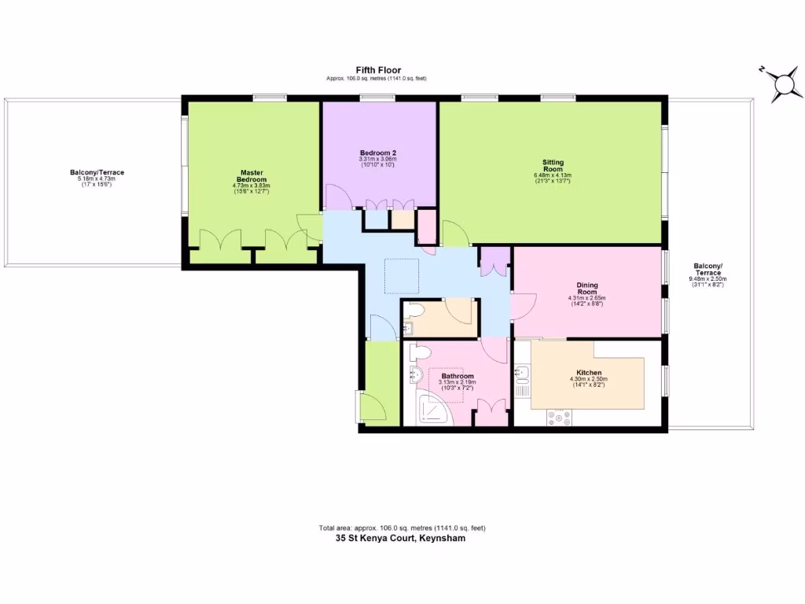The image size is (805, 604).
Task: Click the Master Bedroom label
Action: [252, 176]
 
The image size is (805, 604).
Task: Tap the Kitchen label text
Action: [589, 373]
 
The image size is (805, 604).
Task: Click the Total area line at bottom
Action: [407, 528]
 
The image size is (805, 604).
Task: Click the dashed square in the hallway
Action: [401, 275]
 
